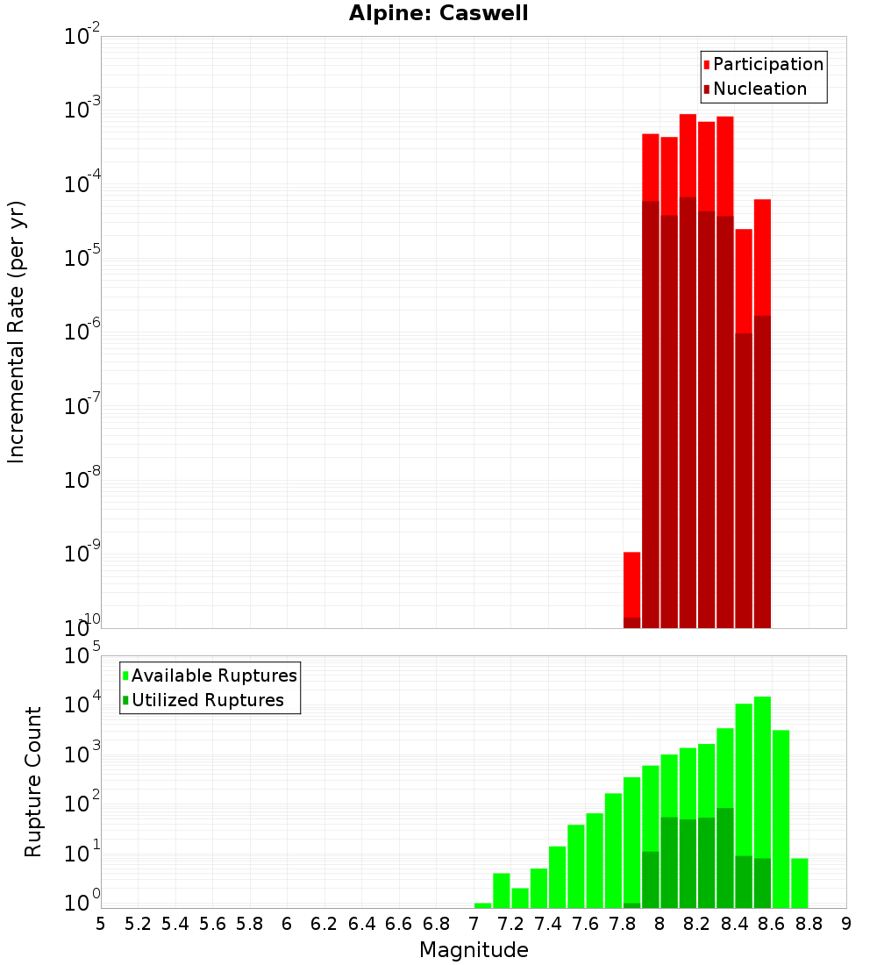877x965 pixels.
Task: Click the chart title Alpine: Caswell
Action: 438,14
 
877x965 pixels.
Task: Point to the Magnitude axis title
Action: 474,950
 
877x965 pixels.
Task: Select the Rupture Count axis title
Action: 33,782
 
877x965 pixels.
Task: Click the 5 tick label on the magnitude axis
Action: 101,924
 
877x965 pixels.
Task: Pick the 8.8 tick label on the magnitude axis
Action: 809,924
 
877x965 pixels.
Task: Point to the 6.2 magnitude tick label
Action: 324,924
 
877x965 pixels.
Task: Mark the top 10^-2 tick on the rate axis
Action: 82,38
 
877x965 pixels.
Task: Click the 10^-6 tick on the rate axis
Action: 82,333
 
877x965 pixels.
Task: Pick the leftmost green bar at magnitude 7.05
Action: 482,905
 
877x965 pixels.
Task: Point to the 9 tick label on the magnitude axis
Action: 846,924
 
